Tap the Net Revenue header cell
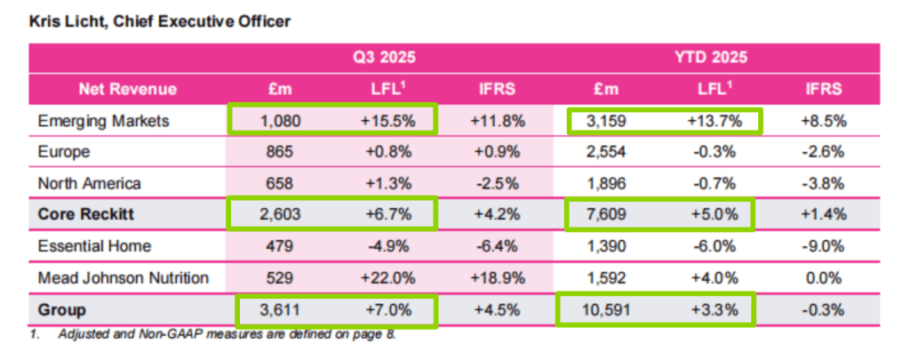pos(127,89)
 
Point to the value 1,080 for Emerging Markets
pos(281,120)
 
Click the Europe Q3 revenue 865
pos(281,152)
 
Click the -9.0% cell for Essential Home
pos(822,246)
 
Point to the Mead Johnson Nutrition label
pos(124,278)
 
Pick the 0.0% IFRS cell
pos(822,278)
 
